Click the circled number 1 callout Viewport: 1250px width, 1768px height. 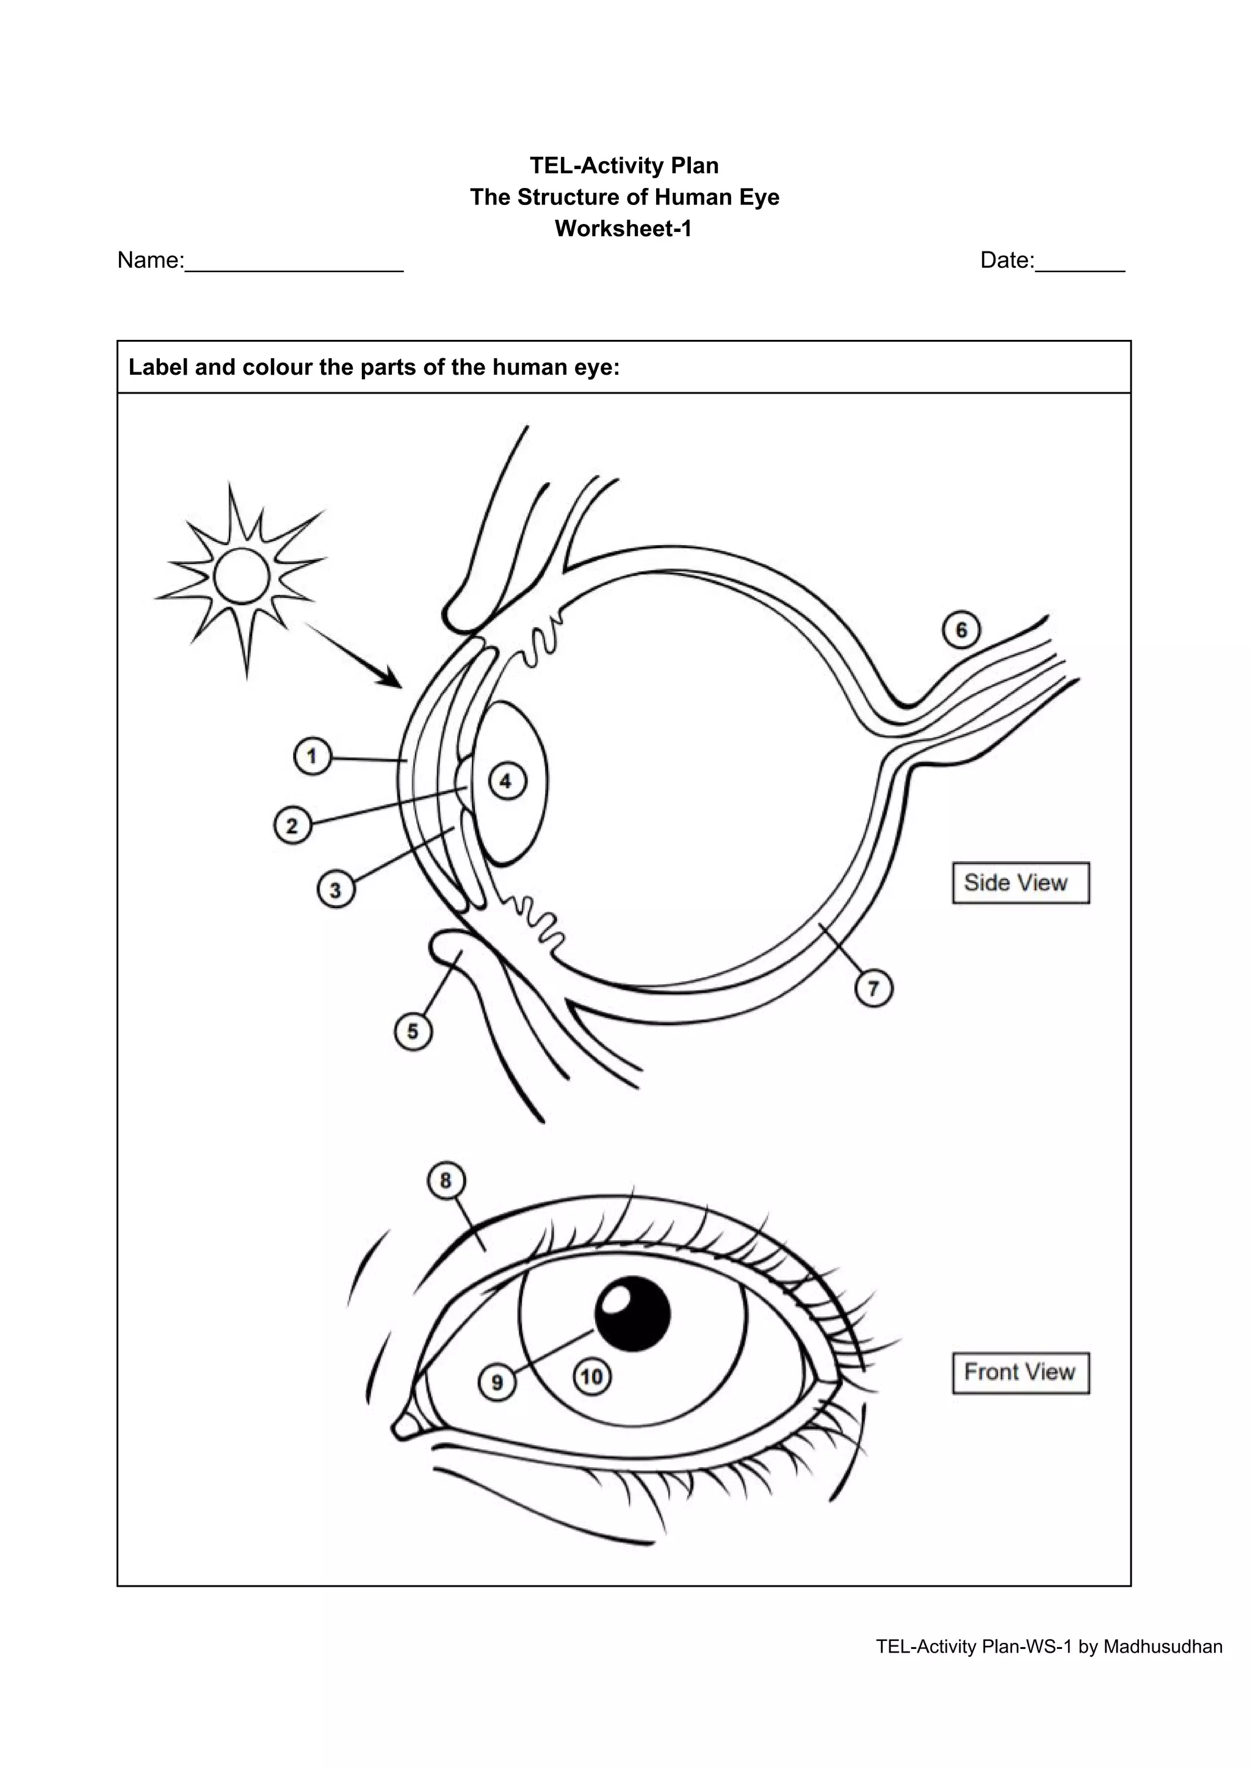tap(312, 756)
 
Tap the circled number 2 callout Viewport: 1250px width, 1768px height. tap(292, 826)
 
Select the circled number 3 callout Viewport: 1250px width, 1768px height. tap(335, 890)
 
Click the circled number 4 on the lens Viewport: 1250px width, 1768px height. tap(506, 782)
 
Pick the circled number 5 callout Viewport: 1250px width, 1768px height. tap(413, 1031)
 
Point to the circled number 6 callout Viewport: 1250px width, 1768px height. tap(961, 630)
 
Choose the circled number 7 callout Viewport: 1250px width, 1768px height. tap(873, 988)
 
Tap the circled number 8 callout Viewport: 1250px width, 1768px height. tap(446, 1180)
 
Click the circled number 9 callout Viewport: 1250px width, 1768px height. tap(497, 1382)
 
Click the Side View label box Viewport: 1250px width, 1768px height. tap(1021, 882)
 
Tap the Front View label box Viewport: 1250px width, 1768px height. tap(1021, 1372)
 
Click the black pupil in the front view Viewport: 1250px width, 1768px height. tap(633, 1315)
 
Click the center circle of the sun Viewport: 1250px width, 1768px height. tap(242, 576)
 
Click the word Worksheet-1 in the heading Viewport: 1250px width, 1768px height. tap(623, 229)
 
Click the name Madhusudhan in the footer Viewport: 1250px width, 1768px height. tap(1163, 1647)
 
